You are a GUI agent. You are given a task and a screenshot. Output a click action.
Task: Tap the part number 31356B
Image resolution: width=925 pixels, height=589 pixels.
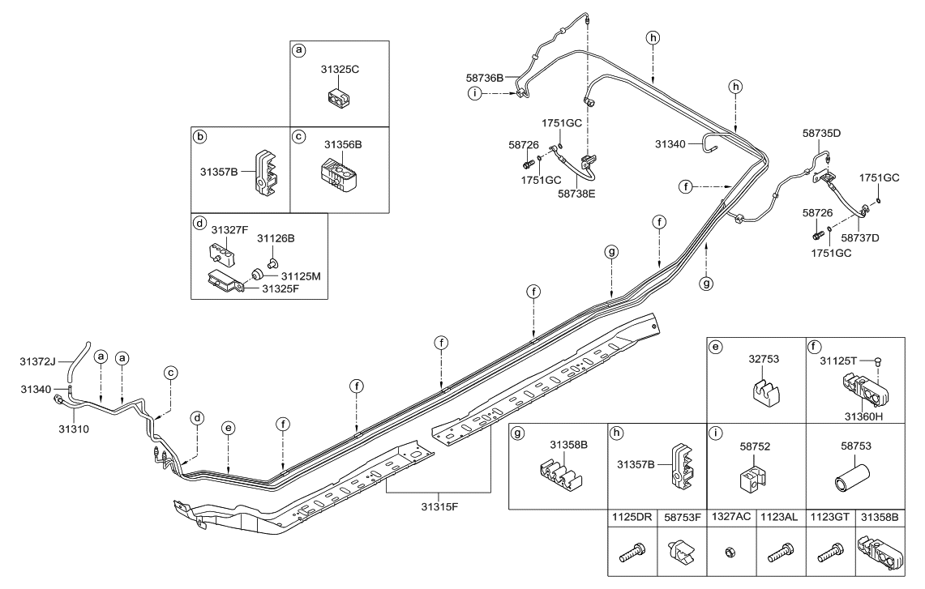pos(343,145)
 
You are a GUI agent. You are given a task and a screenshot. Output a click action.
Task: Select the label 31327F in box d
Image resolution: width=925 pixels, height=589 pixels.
pos(229,230)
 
